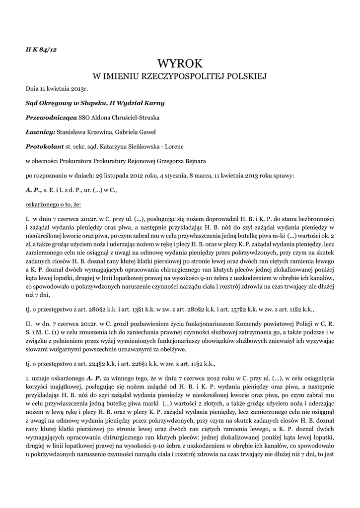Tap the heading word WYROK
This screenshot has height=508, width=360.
point(180,63)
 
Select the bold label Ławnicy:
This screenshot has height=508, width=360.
point(40,132)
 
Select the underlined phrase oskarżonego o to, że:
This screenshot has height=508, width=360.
point(53,204)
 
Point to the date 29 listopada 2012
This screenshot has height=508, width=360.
point(121,175)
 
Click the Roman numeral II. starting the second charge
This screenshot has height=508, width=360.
point(29,322)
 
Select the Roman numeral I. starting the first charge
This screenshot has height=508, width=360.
point(27,218)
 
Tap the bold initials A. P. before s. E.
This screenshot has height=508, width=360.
point(33,190)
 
